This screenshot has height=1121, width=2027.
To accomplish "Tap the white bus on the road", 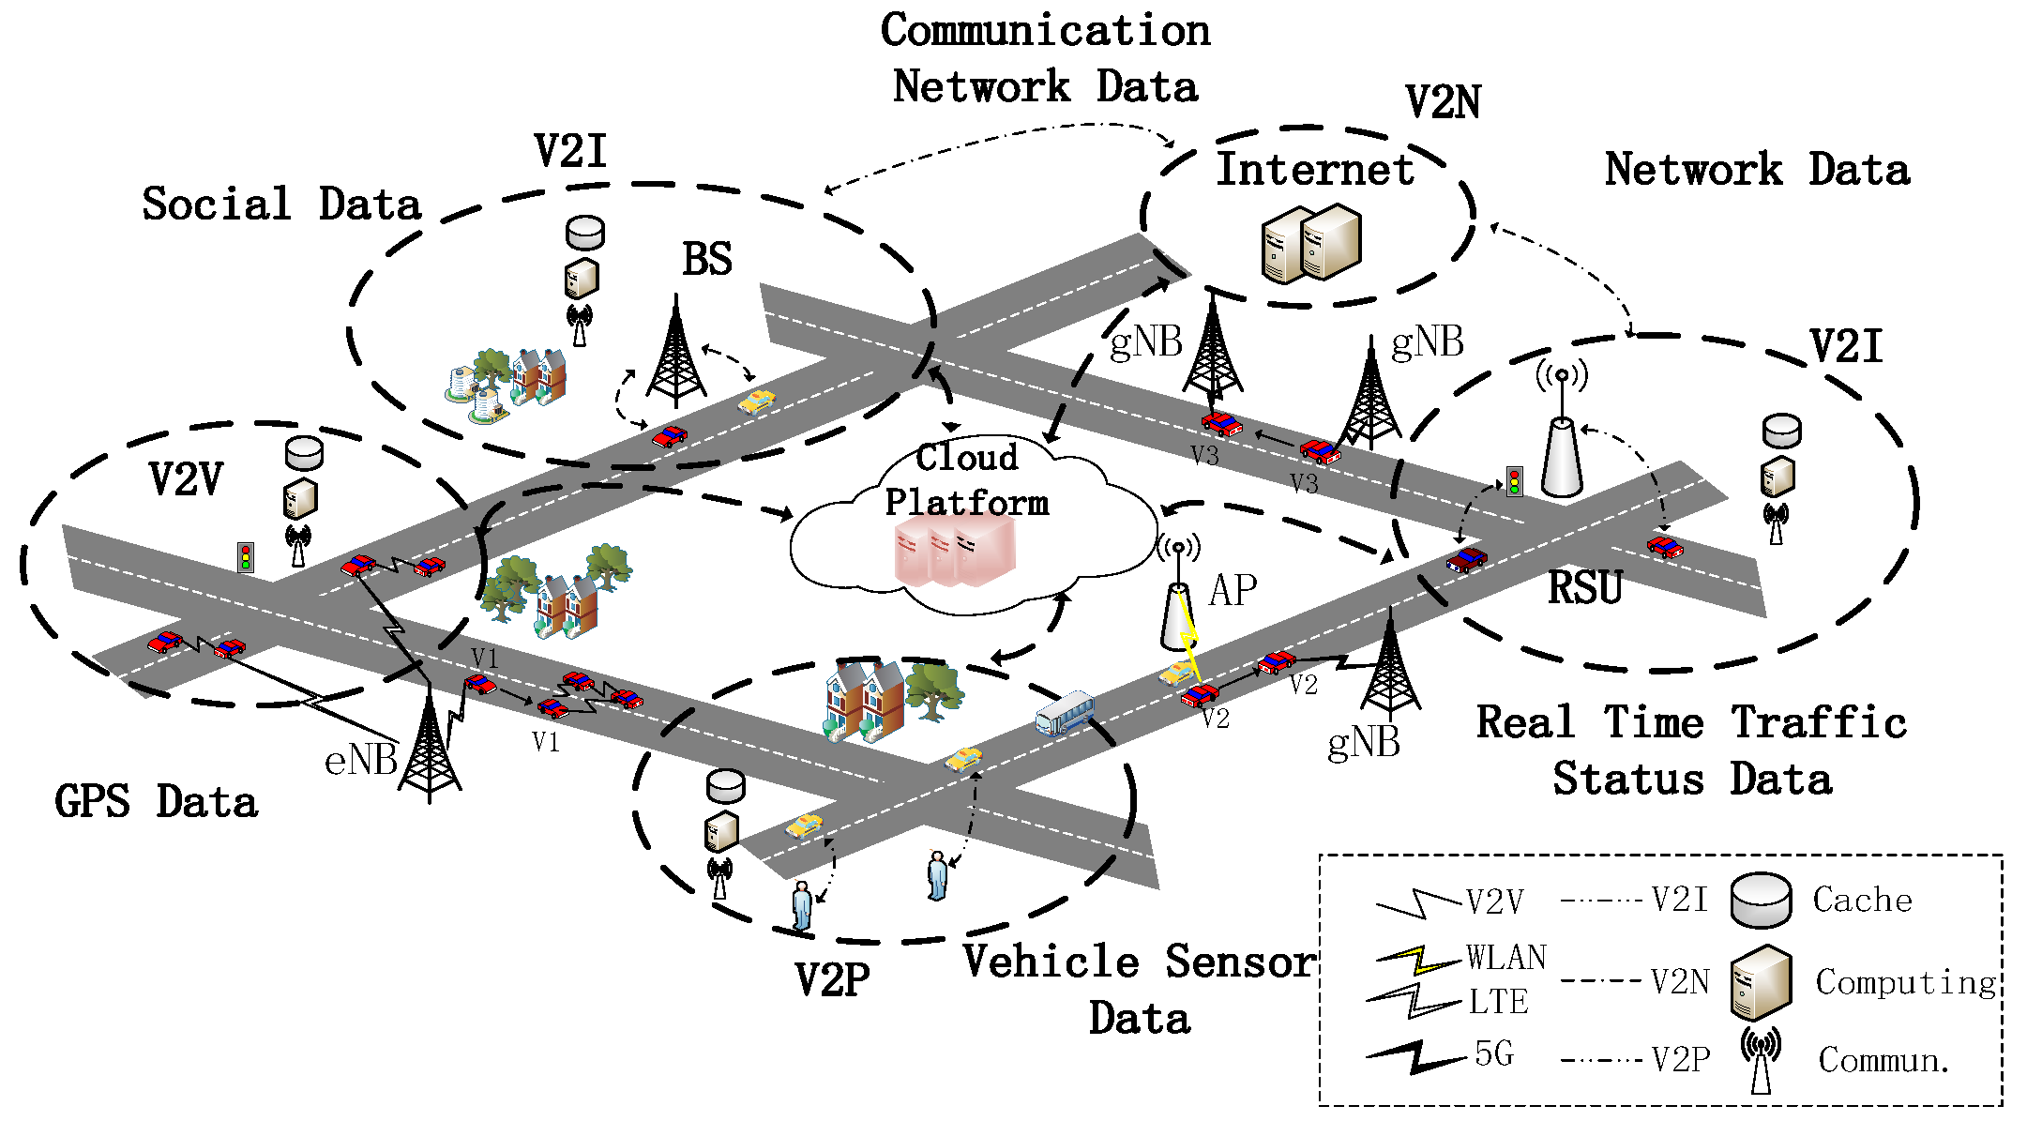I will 1065,714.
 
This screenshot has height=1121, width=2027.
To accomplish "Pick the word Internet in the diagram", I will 1314,171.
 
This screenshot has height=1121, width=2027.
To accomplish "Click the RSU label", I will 1584,588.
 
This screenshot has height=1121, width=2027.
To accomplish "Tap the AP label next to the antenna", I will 1233,591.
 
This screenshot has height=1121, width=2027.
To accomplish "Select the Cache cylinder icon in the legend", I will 1761,901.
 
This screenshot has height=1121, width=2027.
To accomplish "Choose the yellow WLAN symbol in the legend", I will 1416,959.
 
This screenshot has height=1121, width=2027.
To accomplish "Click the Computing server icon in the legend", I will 1761,982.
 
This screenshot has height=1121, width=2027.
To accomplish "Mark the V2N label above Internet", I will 1443,102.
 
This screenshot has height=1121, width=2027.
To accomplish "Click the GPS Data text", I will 156,802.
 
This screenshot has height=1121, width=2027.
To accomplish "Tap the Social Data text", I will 281,205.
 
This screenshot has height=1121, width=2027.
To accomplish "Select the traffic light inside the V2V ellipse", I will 246,557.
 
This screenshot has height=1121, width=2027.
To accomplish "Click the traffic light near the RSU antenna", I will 1514,481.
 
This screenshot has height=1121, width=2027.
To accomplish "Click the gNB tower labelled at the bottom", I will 1389,671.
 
